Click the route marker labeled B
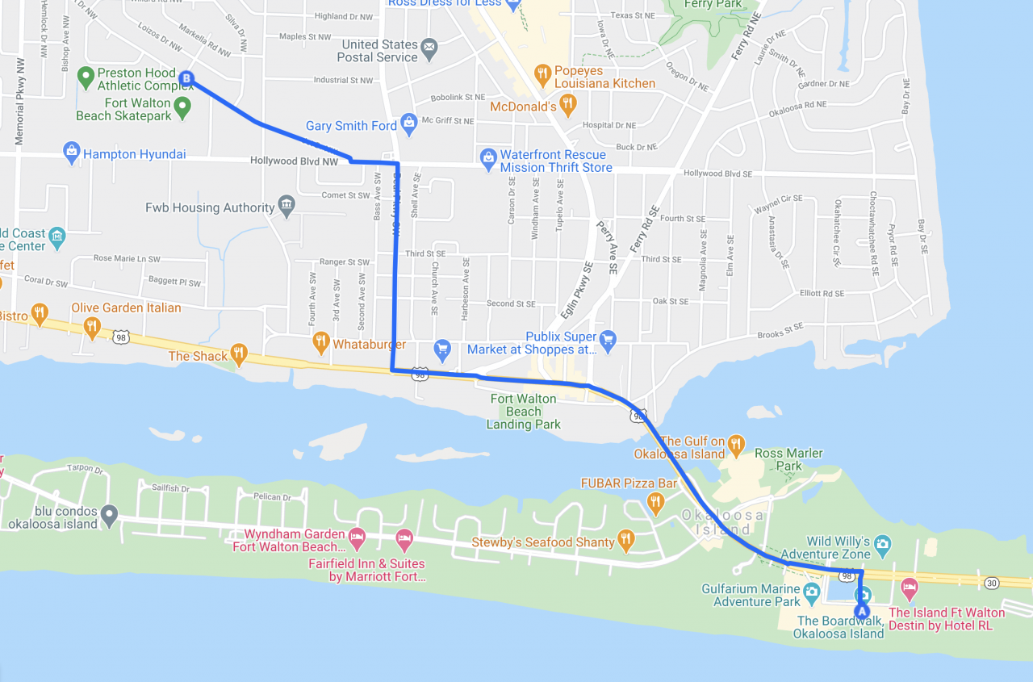pos(186,78)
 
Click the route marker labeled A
pos(862,610)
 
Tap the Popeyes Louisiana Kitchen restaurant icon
pos(542,73)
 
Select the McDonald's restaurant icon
pos(568,103)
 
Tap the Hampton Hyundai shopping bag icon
pos(72,150)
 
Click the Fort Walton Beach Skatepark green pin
pos(183,106)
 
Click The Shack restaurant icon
pos(238,353)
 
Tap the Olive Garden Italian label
pos(126,308)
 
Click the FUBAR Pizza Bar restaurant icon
pos(655,502)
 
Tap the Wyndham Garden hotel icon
pos(357,537)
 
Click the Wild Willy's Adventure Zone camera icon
pos(882,544)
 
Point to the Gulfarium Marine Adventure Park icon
pos(812,592)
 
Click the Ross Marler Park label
pos(788,459)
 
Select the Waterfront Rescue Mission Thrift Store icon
pos(488,157)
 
